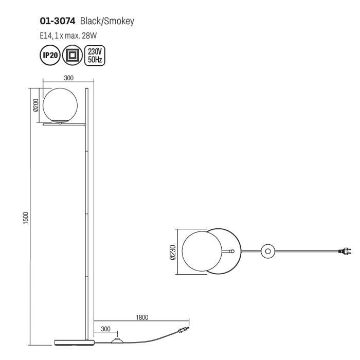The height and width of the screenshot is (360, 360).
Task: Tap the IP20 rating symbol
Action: click(49, 55)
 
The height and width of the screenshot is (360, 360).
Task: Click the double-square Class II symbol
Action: click(72, 55)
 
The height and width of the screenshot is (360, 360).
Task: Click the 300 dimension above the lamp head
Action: click(69, 78)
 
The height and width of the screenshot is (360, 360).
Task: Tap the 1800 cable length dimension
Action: click(142, 317)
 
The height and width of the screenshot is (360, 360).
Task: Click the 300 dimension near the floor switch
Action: click(105, 329)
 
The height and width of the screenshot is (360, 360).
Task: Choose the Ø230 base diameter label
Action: click(173, 252)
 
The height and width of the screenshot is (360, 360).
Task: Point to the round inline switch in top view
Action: click(268, 251)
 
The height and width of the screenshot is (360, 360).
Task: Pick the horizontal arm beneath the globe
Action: click(65, 124)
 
